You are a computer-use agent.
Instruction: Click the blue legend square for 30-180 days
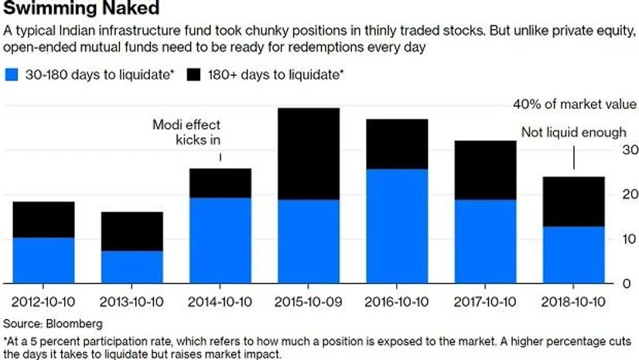12,75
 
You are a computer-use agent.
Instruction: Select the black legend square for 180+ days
194,75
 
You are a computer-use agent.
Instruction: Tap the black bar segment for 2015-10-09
309,154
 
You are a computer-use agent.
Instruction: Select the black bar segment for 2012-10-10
44,220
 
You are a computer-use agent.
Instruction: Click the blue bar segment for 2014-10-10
220,241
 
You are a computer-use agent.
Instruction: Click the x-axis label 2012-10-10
43,300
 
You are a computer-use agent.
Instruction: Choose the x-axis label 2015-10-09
309,300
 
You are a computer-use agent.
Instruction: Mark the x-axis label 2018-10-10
573,300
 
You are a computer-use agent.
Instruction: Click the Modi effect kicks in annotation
187,132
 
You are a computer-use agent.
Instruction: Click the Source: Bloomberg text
53,322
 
